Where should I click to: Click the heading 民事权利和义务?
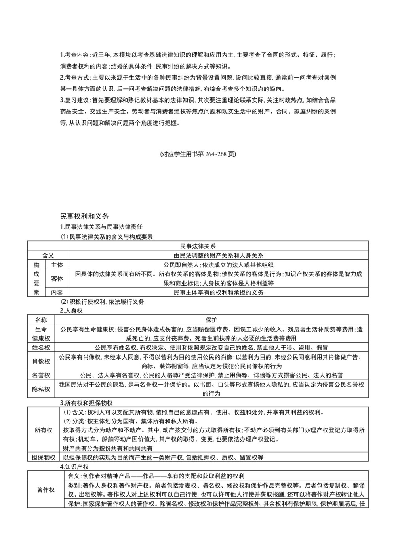coord(84,217)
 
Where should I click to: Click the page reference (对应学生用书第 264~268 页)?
coord(198,154)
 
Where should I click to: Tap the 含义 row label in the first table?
coord(48,256)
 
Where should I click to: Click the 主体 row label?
coord(57,265)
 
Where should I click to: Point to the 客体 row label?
coord(57,279)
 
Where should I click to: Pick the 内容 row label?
coord(57,293)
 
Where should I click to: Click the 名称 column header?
coord(41,320)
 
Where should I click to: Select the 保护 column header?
coord(211,320)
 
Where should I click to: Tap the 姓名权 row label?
coord(41,348)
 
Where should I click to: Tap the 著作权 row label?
coord(46,490)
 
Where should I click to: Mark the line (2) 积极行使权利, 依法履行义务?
coord(102,302)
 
